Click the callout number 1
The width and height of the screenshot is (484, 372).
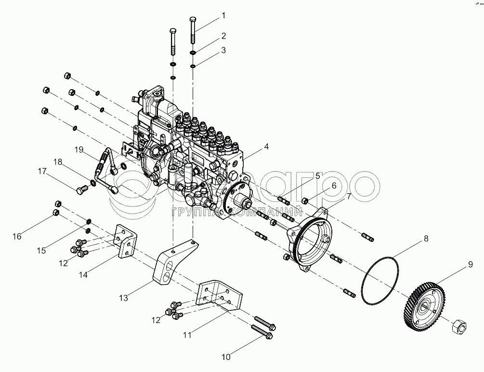(x=223, y=15)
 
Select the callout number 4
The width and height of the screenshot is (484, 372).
(x=266, y=147)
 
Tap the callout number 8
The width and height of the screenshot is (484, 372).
(x=426, y=239)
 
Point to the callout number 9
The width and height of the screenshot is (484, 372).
(x=470, y=265)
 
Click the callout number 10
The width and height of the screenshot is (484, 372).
(x=226, y=357)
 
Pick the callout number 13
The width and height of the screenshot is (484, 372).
(x=123, y=298)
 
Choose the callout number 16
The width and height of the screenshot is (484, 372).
(x=17, y=237)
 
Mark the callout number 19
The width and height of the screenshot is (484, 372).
(x=79, y=150)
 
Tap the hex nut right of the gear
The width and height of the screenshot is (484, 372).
(x=459, y=327)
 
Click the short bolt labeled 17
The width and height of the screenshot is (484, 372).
(x=81, y=189)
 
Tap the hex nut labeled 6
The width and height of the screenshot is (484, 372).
(x=305, y=200)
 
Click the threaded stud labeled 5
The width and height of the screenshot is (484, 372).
(x=284, y=200)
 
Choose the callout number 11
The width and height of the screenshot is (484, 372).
(x=187, y=335)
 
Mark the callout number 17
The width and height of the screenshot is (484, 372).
(x=42, y=171)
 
